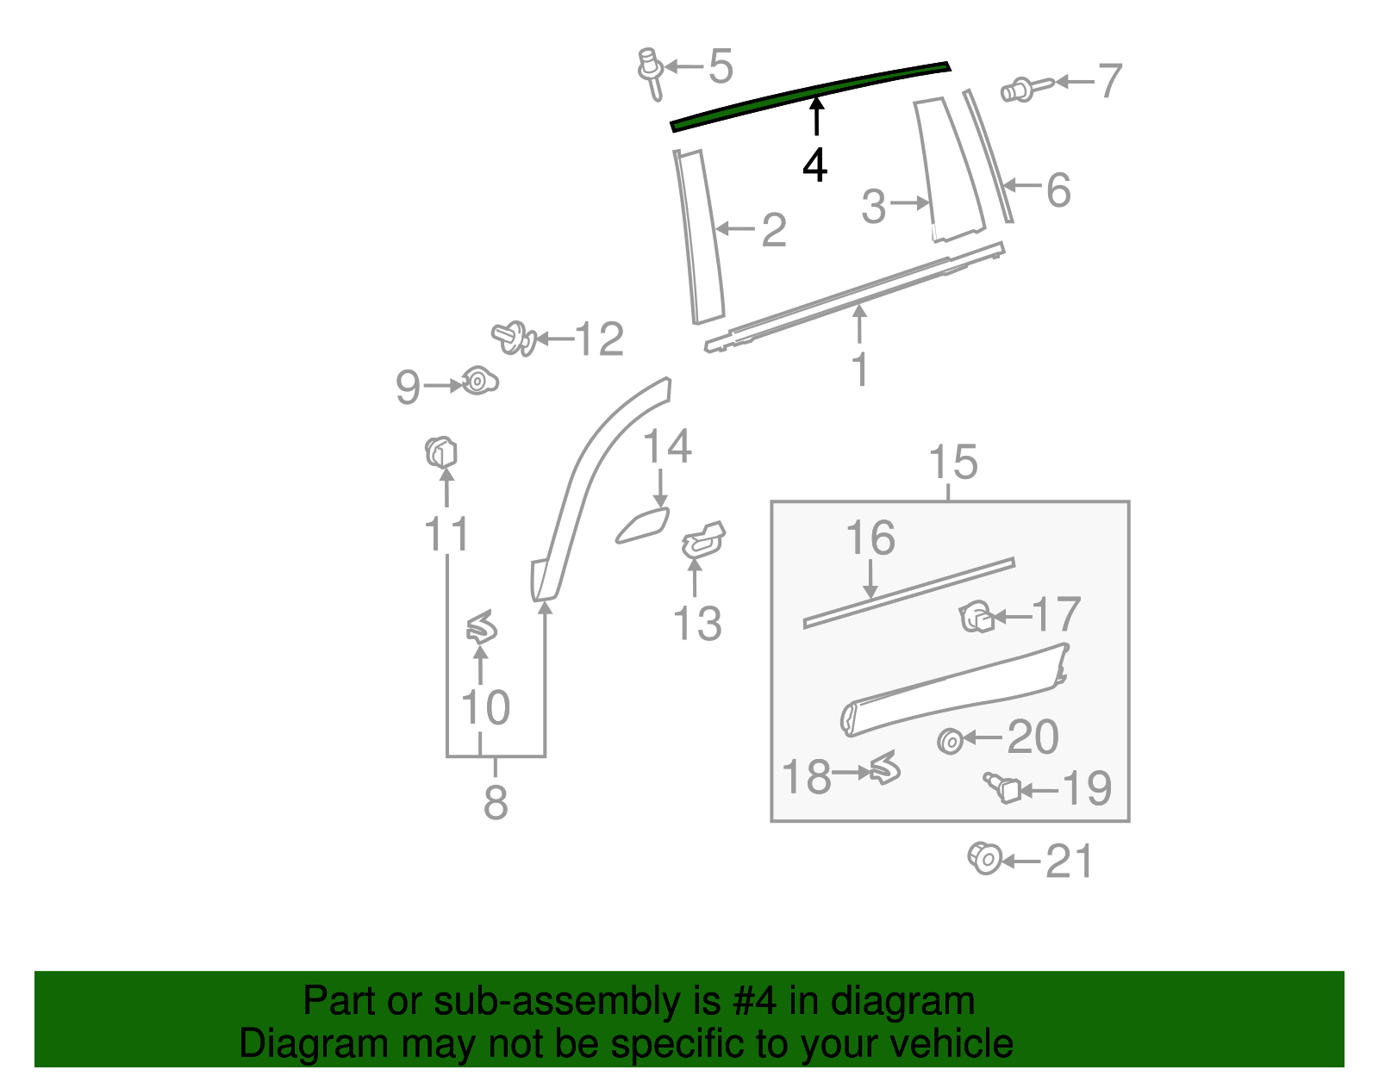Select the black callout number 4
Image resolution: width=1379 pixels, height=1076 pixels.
[x=814, y=165]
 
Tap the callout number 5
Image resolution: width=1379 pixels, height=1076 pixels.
[x=721, y=66]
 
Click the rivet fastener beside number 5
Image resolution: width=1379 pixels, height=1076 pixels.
[x=650, y=71]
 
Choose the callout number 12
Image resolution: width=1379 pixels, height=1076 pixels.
[x=599, y=339]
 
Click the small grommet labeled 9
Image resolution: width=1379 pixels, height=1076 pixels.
[x=477, y=380]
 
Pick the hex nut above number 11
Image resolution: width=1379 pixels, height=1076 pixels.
[x=440, y=452]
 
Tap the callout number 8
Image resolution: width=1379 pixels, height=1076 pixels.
[x=496, y=803]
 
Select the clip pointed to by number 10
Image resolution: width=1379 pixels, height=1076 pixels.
[x=482, y=628]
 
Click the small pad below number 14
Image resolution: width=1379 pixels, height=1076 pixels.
[x=642, y=526]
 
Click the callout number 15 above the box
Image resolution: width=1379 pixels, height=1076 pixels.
[x=953, y=463]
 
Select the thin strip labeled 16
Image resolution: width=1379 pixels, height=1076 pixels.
[x=908, y=592]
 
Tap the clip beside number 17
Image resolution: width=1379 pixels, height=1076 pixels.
[x=976, y=617]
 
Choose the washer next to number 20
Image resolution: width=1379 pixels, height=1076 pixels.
[x=950, y=741]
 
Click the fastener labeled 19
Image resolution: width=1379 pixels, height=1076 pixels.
[x=1003, y=787]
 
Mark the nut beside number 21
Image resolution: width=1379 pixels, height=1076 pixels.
[x=984, y=858]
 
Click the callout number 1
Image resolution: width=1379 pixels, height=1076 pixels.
[x=859, y=370]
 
